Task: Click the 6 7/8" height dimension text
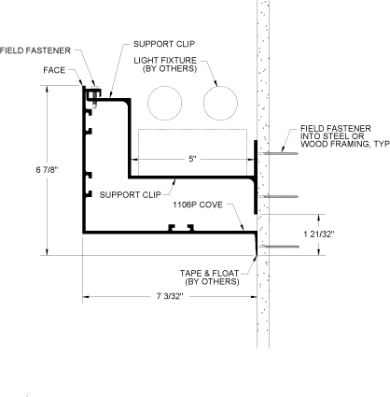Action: [48, 170]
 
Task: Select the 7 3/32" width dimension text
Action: [170, 296]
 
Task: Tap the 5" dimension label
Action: [192, 159]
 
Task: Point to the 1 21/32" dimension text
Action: [319, 234]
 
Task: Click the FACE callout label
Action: [54, 70]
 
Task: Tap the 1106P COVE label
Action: [198, 205]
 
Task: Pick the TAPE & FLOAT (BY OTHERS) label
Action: [210, 277]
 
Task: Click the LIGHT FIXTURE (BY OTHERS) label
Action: [165, 64]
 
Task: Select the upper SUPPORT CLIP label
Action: [164, 44]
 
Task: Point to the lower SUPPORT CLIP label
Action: [131, 195]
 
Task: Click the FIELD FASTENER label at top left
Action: [35, 50]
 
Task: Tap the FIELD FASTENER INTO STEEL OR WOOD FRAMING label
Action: [345, 136]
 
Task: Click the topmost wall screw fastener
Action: [279, 153]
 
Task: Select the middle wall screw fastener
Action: [279, 196]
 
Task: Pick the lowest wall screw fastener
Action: [279, 247]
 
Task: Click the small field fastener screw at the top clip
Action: [95, 97]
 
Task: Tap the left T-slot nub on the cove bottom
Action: [172, 228]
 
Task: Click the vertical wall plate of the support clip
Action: [256, 177]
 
